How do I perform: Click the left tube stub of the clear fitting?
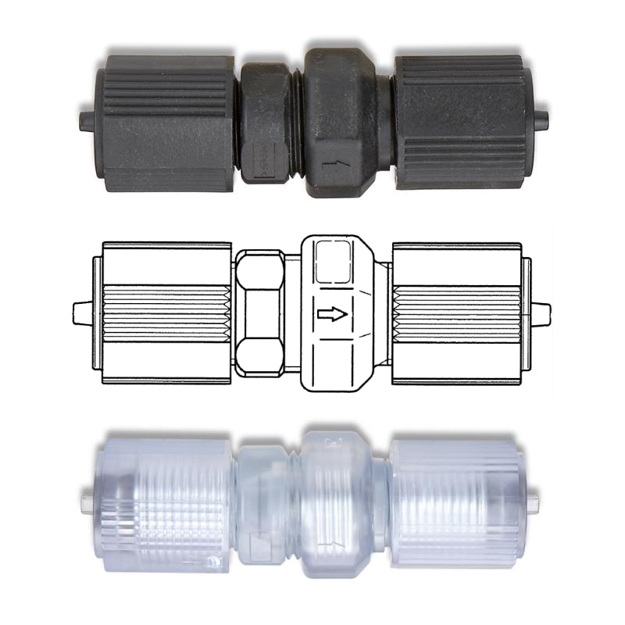(87, 500)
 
